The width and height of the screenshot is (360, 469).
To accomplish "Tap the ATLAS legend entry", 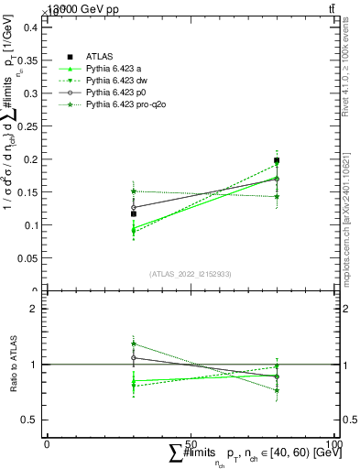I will coord(98,57).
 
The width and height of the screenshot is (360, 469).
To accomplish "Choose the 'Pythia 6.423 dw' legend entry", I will coord(116,81).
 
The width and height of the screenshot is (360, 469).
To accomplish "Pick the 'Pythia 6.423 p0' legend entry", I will coord(116,93).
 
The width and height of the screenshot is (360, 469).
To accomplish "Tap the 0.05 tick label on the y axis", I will coord(31,258).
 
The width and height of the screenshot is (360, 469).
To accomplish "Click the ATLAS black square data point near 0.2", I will coord(277,160).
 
